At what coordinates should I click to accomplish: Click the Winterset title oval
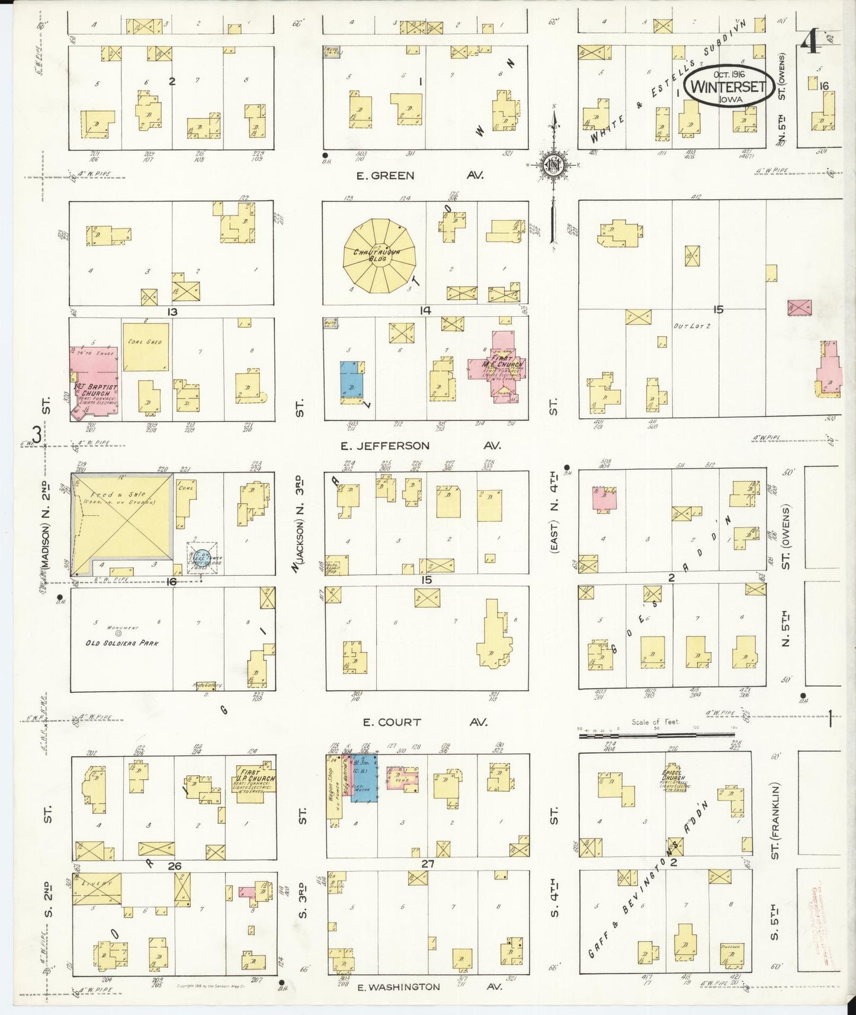(x=729, y=86)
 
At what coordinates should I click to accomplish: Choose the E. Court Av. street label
(x=424, y=722)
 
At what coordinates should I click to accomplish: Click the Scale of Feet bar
(x=658, y=735)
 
